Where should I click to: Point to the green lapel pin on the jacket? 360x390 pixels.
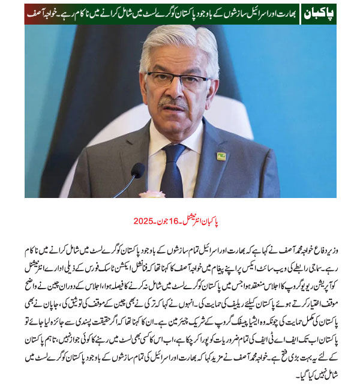coord(221,156)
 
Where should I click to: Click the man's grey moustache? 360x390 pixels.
coord(176,103)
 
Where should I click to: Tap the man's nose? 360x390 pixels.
coord(178,90)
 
